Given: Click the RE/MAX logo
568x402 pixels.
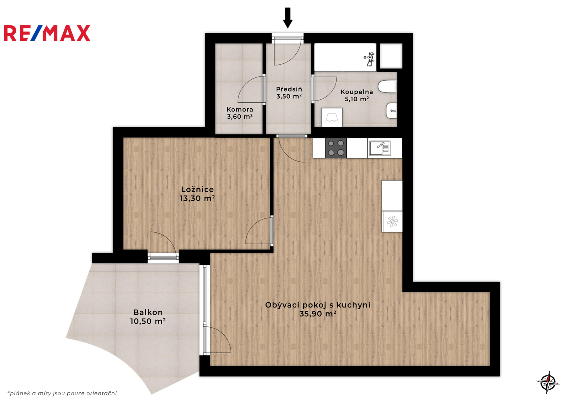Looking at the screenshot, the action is [x=47, y=33].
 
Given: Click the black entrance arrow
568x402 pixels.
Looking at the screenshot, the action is [x=288, y=18].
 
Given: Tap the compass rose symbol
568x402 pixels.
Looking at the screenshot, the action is [x=548, y=382].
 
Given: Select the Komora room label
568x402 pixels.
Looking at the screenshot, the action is [x=240, y=109].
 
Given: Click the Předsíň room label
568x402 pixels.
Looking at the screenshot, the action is [x=289, y=89].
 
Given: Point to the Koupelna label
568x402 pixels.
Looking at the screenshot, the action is [x=357, y=92].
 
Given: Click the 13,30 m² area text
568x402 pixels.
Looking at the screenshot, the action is [x=197, y=198].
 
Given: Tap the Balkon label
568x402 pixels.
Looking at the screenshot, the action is [x=148, y=312].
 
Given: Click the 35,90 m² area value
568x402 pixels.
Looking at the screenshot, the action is [x=318, y=314].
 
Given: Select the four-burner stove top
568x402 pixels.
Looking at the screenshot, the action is [x=336, y=148].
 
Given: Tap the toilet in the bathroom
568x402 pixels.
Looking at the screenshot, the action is [x=387, y=86].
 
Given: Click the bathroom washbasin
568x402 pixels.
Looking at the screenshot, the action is [x=391, y=111].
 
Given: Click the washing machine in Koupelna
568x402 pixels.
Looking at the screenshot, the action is [x=332, y=118].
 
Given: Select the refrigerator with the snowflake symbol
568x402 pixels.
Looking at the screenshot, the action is [x=392, y=221].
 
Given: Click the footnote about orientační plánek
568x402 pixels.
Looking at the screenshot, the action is [x=62, y=393].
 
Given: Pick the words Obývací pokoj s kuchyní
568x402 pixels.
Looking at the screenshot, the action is [x=318, y=305].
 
